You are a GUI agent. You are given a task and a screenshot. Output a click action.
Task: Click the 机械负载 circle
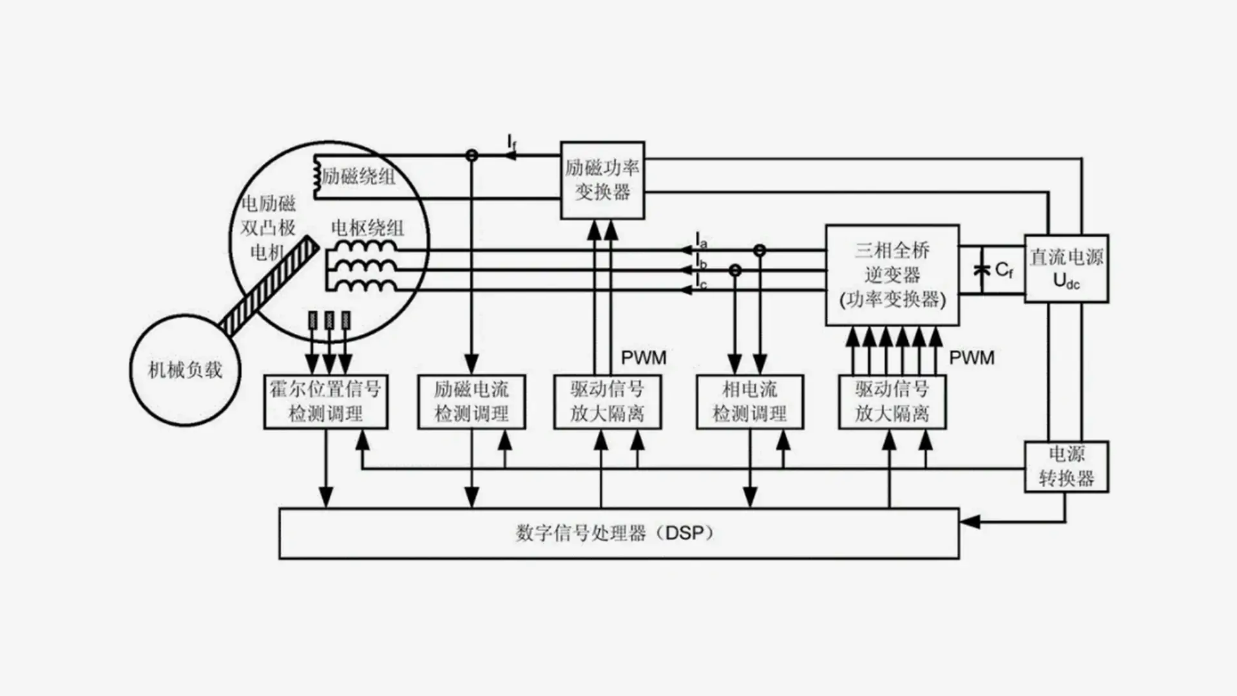click(185, 370)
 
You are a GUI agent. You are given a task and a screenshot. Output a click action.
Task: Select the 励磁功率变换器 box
click(602, 180)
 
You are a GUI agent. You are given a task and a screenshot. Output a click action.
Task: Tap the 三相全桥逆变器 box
click(892, 275)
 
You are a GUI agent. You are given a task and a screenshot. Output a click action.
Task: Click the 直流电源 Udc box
click(1066, 268)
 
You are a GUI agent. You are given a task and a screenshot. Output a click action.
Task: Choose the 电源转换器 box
click(1066, 467)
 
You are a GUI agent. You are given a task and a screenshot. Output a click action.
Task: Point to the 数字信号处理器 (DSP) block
click(618, 534)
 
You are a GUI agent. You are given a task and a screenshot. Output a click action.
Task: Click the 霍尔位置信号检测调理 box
click(325, 401)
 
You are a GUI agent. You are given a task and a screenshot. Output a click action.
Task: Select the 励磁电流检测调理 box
click(472, 401)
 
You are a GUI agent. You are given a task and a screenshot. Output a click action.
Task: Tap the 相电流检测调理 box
click(750, 401)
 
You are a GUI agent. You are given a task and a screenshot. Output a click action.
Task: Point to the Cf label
click(1004, 270)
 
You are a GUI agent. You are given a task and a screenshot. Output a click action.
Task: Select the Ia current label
click(702, 241)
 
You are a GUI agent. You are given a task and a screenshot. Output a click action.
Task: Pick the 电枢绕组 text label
click(367, 227)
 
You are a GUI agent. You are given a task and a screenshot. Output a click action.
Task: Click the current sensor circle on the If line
click(472, 155)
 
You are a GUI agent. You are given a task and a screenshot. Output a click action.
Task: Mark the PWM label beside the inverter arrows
click(972, 358)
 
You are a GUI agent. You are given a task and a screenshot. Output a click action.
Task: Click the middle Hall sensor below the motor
click(329, 320)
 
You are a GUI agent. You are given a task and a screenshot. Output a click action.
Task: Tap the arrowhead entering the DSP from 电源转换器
click(970, 521)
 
